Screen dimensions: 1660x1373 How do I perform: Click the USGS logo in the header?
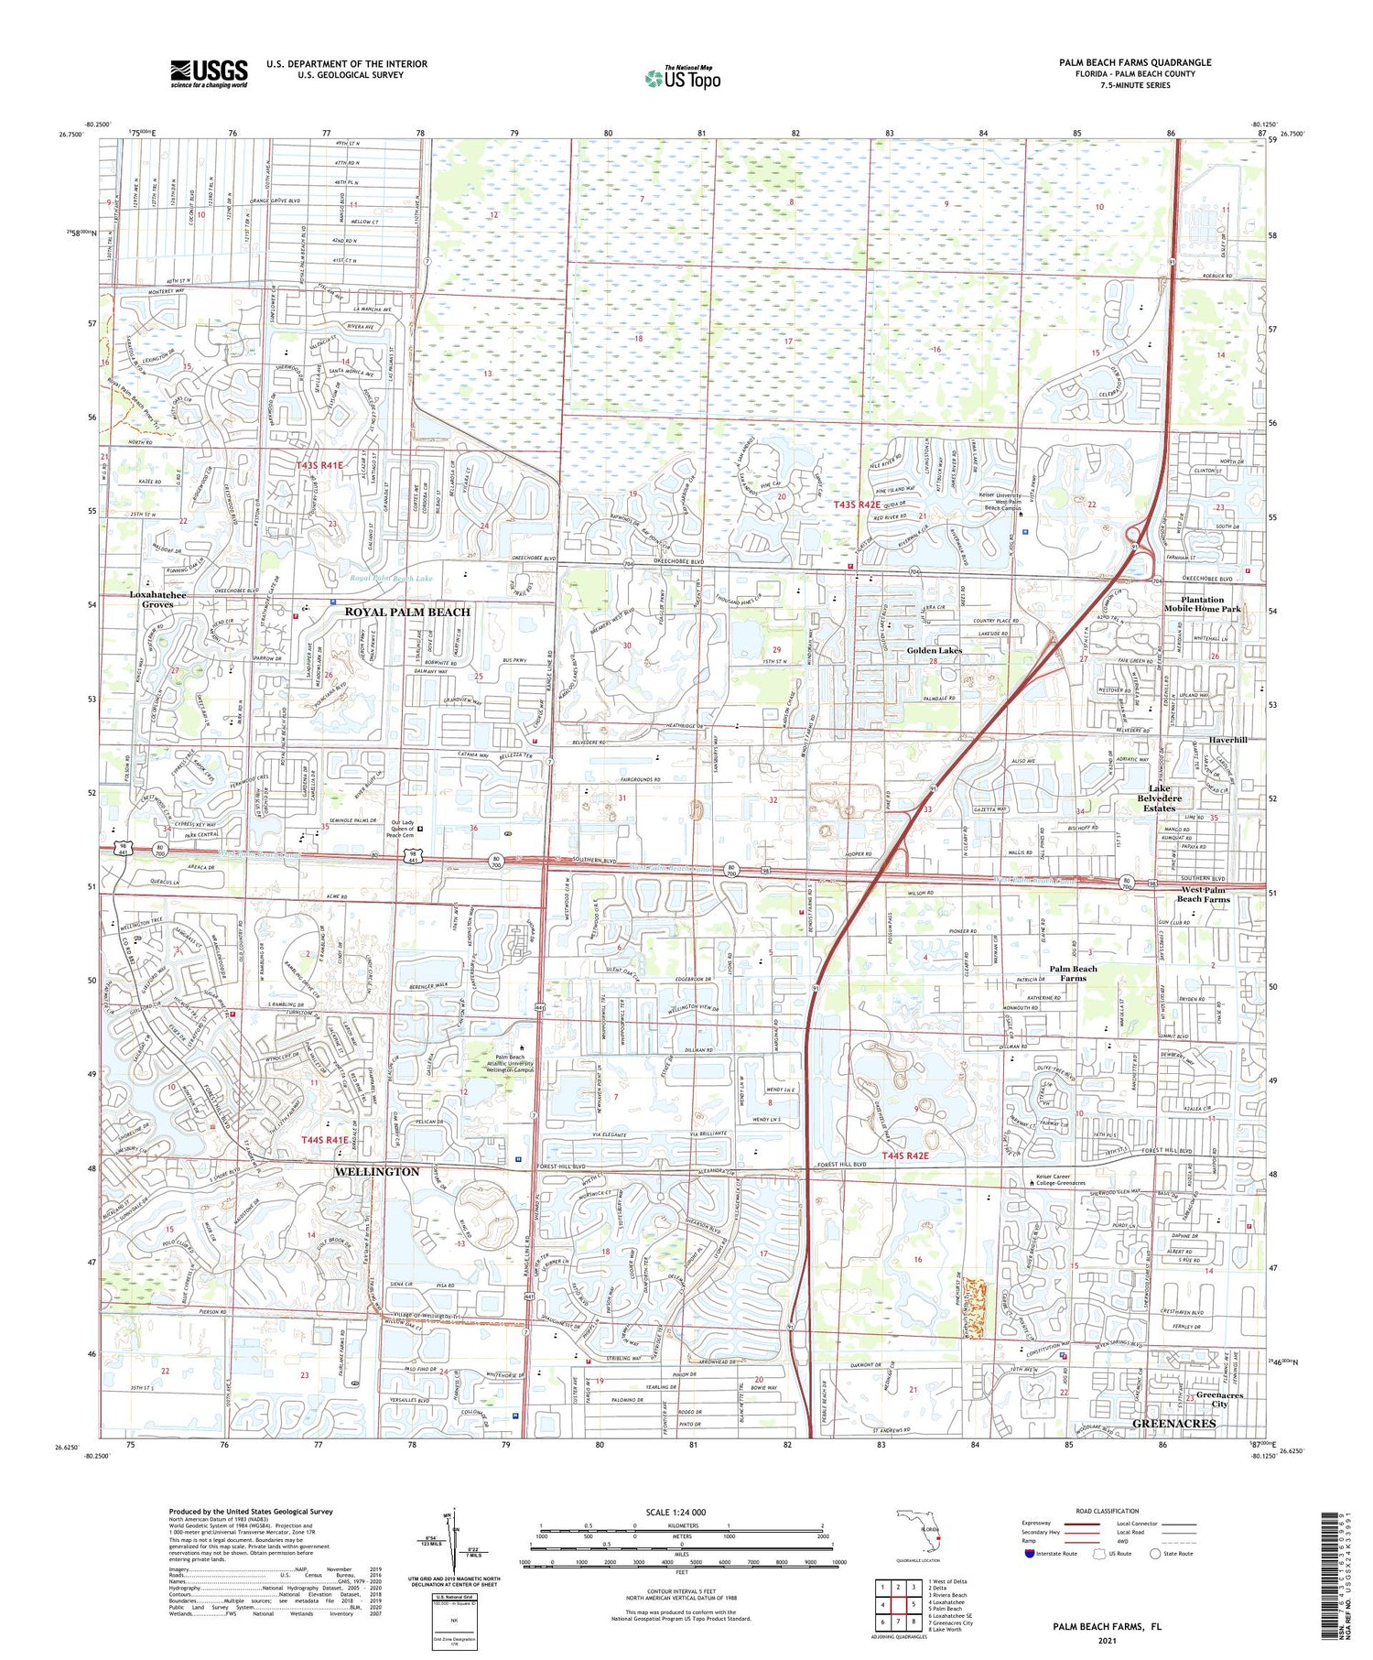209,73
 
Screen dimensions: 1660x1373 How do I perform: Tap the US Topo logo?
682,79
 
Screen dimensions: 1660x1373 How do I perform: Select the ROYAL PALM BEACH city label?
407,612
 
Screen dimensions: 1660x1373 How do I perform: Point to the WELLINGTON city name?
376,1171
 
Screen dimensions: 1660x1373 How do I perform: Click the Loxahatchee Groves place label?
157,600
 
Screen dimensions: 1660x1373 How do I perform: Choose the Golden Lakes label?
934,650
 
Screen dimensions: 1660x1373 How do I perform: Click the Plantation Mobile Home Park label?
1202,604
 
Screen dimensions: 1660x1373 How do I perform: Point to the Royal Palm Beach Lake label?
391,579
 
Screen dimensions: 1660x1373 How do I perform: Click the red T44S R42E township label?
905,1156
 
